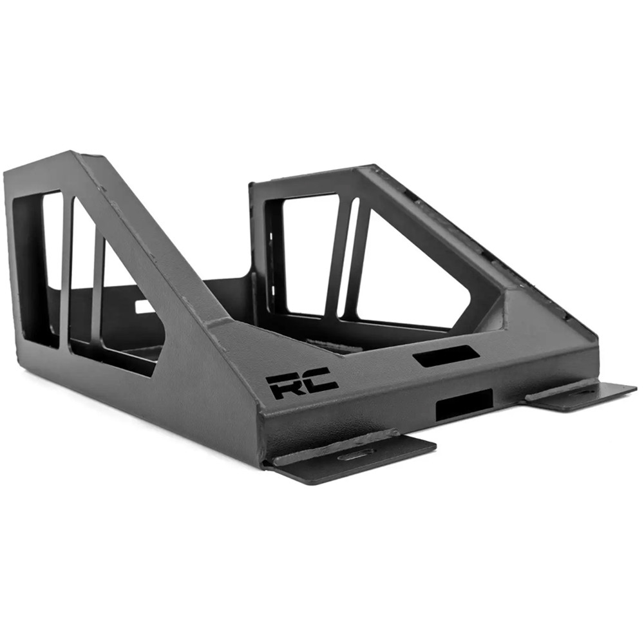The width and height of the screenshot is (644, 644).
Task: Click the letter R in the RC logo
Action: tap(283, 386)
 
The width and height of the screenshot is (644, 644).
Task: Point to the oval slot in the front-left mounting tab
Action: tap(354, 460)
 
